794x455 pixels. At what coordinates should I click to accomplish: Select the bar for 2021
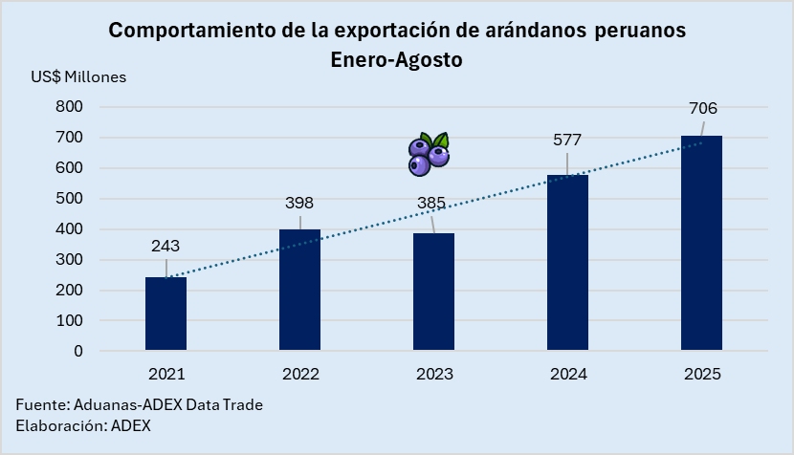[165, 314]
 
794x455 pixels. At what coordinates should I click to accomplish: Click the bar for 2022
[299, 290]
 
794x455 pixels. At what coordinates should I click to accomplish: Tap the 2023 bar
[433, 292]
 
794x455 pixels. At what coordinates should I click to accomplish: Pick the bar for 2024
[567, 263]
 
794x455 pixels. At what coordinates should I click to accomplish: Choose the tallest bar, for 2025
[701, 243]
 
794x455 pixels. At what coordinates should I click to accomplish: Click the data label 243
[165, 246]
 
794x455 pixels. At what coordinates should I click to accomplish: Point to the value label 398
[299, 203]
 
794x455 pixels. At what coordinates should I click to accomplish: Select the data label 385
[433, 203]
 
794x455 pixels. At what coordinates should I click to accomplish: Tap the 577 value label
[567, 141]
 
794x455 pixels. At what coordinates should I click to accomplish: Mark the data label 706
[703, 108]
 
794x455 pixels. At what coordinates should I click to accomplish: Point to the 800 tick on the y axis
[70, 107]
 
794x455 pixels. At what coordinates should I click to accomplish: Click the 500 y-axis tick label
[70, 199]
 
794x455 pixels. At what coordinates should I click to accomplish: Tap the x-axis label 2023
[433, 375]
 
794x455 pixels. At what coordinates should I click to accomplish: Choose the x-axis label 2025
[701, 375]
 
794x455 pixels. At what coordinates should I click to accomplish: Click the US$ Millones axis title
[78, 76]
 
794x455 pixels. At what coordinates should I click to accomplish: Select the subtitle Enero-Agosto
[396, 59]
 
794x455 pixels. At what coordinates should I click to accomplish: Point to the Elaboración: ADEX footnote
[83, 425]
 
